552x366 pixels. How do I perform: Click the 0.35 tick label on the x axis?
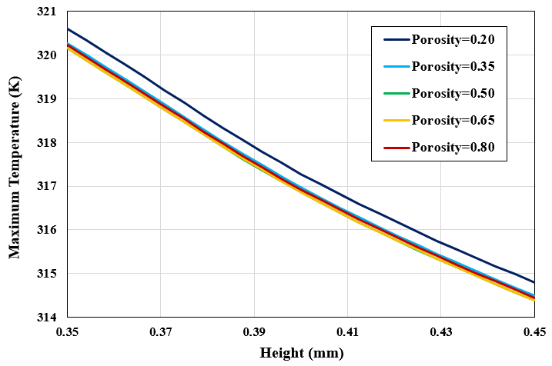coord(68,332)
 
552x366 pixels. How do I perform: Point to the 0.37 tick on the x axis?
coord(161,332)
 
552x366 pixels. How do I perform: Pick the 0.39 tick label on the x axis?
coord(254,332)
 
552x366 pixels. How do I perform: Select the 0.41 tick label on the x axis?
coord(347,332)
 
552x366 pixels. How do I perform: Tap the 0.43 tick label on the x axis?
coord(440,332)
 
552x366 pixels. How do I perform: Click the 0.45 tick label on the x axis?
coord(533,332)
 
